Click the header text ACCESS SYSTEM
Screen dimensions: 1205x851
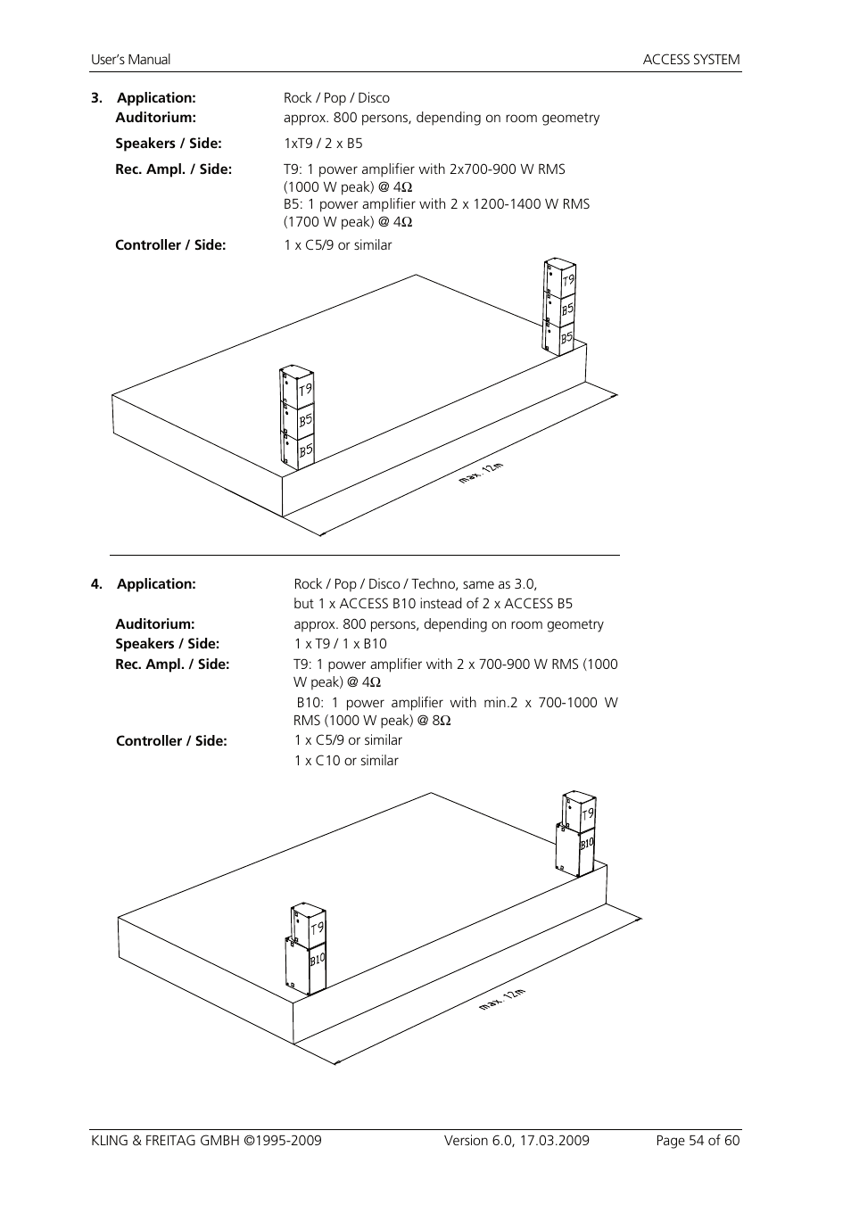(691, 60)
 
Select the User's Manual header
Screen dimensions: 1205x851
(130, 60)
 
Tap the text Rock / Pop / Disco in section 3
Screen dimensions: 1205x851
(336, 98)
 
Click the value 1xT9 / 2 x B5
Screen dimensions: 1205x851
(323, 144)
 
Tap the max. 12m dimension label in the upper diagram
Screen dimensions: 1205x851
(482, 472)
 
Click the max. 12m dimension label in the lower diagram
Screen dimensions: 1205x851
(502, 999)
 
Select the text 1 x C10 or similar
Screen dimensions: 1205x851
(346, 761)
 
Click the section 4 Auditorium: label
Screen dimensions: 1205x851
(154, 624)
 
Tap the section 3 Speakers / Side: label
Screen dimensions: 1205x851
(169, 144)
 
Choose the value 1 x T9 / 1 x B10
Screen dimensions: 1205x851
(341, 644)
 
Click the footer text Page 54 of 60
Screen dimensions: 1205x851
(698, 1140)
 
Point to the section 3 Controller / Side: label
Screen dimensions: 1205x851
(170, 245)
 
